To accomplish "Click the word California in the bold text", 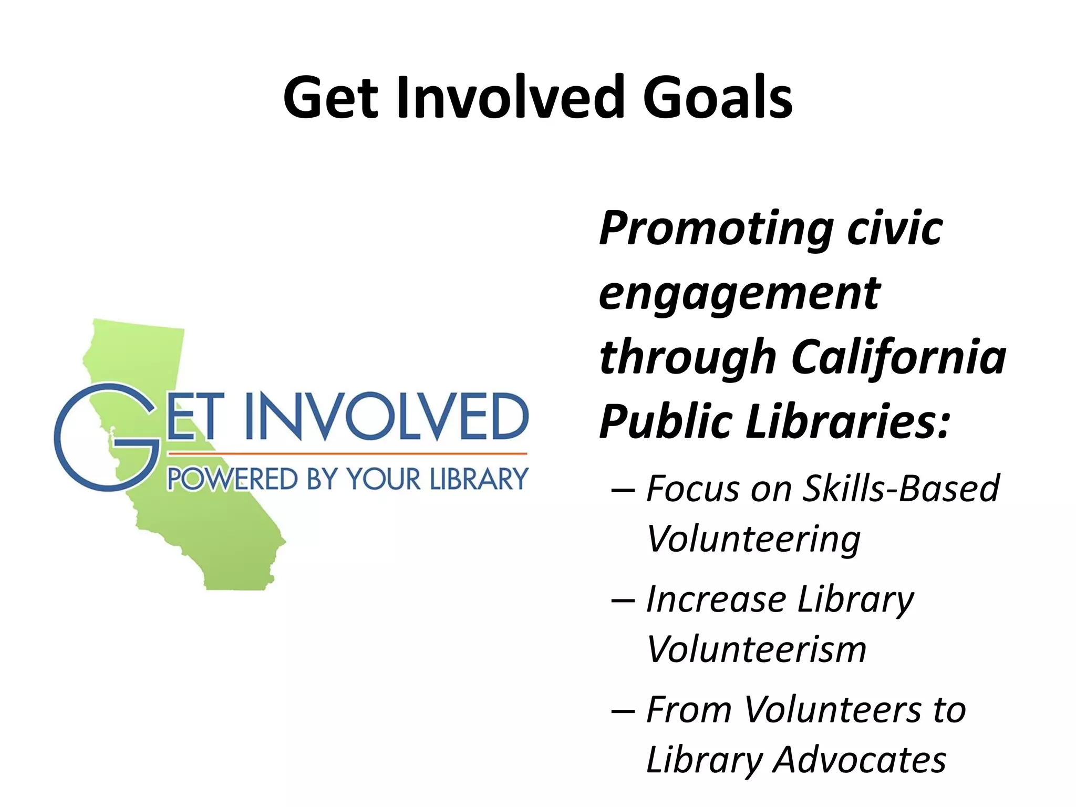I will [x=898, y=357].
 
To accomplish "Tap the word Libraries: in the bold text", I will [x=848, y=421].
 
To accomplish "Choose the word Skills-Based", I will [x=902, y=489].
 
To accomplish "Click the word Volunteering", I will [x=753, y=540].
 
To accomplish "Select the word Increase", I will [x=717, y=599].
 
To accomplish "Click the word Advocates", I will [x=860, y=760].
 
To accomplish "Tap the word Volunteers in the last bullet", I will [x=833, y=709].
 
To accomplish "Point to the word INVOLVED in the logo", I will [x=387, y=416].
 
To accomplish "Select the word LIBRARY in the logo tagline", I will [x=479, y=479].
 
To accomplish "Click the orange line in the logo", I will [x=347, y=452].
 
